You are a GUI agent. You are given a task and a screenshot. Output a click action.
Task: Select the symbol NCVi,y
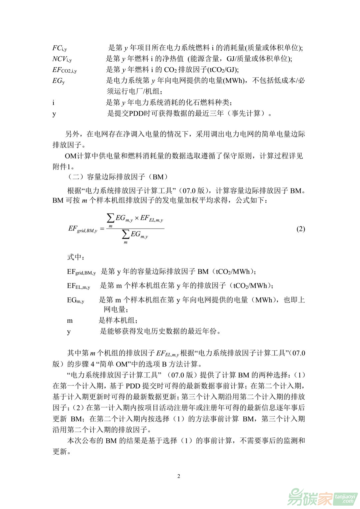62,59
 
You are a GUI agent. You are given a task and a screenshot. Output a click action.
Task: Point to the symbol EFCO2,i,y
64,70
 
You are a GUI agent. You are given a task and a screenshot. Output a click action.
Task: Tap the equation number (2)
300,229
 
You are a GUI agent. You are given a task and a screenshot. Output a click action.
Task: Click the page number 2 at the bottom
179,476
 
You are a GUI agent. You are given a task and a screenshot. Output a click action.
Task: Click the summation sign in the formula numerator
110,219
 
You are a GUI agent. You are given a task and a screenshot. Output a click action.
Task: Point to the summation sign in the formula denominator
126,235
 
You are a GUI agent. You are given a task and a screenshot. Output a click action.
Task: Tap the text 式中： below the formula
76,257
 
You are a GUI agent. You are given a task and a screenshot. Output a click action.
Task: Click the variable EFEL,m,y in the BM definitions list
78,286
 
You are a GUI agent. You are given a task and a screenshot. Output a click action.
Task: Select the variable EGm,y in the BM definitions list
75,300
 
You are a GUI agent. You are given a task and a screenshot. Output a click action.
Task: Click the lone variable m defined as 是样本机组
70,321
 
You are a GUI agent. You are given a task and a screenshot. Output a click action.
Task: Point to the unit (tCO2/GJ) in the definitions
223,70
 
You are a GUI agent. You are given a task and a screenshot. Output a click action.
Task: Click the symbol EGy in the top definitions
59,81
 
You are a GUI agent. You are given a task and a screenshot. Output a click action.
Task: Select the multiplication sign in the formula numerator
137,219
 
